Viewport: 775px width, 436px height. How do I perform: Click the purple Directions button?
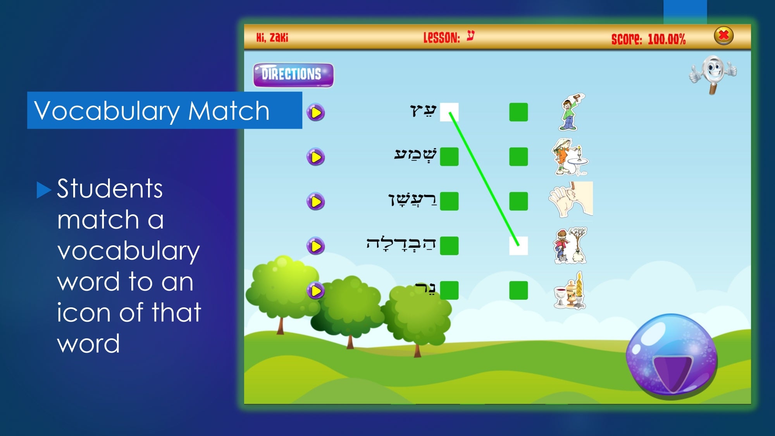coord(293,75)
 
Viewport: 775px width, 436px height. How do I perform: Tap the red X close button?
coord(723,36)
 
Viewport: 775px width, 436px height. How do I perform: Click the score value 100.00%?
coord(666,39)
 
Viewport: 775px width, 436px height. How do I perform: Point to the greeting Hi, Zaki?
coord(272,37)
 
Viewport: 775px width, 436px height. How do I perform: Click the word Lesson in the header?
coord(441,38)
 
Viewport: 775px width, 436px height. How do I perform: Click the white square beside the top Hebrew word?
coord(449,112)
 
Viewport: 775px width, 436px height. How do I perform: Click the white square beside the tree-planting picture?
coord(518,246)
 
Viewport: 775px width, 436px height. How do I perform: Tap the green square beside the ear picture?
coord(518,201)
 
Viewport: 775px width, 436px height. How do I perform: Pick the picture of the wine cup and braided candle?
coord(569,291)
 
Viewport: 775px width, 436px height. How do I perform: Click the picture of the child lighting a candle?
coord(570,157)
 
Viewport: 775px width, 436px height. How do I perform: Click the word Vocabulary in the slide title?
coord(107,111)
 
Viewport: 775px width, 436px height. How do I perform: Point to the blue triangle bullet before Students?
coord(43,190)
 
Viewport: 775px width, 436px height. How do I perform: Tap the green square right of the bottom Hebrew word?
coord(449,290)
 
